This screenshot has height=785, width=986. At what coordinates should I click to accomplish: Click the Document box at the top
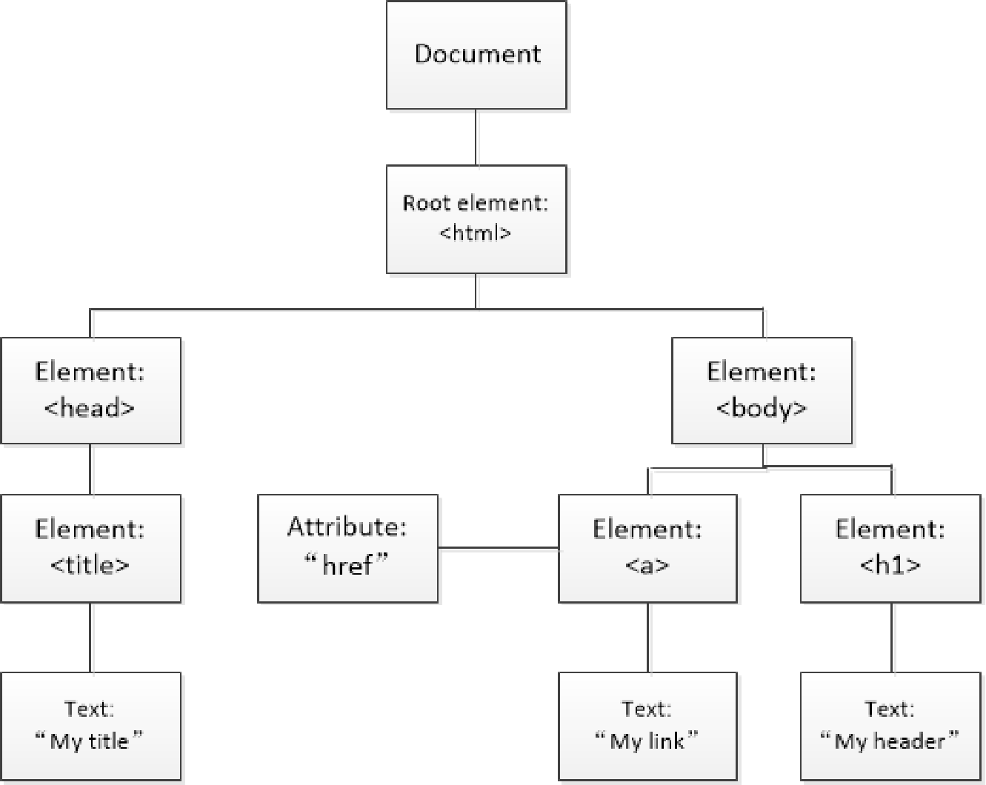[x=476, y=55]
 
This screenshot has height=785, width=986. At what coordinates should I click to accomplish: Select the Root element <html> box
[x=476, y=219]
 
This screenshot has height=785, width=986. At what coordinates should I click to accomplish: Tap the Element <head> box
[x=90, y=390]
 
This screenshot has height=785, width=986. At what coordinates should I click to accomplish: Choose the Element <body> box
[x=762, y=390]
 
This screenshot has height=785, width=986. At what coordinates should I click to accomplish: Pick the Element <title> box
[x=90, y=548]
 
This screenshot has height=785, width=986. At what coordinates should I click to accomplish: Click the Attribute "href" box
[x=347, y=548]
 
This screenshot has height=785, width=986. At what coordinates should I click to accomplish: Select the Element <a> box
[x=647, y=548]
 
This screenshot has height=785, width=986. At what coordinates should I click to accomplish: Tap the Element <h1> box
[x=890, y=548]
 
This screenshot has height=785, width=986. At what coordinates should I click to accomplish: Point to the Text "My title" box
[x=90, y=726]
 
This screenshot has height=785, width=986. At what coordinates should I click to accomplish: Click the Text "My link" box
[x=647, y=726]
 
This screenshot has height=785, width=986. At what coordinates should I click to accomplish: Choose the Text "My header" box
[x=890, y=726]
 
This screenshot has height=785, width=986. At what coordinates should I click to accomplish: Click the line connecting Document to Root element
[x=476, y=138]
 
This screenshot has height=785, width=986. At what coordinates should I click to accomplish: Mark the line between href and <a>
[x=498, y=548]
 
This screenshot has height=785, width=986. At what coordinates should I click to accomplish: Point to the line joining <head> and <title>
[x=90, y=470]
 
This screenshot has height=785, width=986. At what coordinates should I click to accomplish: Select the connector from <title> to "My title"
[x=90, y=637]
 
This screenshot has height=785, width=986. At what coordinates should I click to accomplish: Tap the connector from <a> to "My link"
[x=647, y=637]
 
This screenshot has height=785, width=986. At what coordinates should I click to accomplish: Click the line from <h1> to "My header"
[x=891, y=637]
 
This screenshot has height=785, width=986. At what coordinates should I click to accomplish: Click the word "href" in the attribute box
[x=347, y=567]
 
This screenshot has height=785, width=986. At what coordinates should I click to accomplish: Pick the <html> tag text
[x=476, y=233]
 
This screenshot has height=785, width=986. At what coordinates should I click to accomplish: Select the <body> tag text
[x=762, y=408]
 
